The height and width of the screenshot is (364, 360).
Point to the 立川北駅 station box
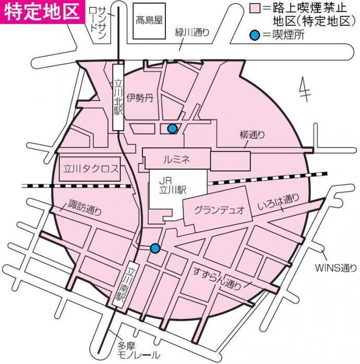[x=118, y=96]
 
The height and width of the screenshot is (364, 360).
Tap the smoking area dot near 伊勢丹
[x=172, y=128]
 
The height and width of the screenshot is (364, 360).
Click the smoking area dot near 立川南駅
[x=154, y=248]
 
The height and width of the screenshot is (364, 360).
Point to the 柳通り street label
[x=253, y=135]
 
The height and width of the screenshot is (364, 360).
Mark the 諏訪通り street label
[x=85, y=208]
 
